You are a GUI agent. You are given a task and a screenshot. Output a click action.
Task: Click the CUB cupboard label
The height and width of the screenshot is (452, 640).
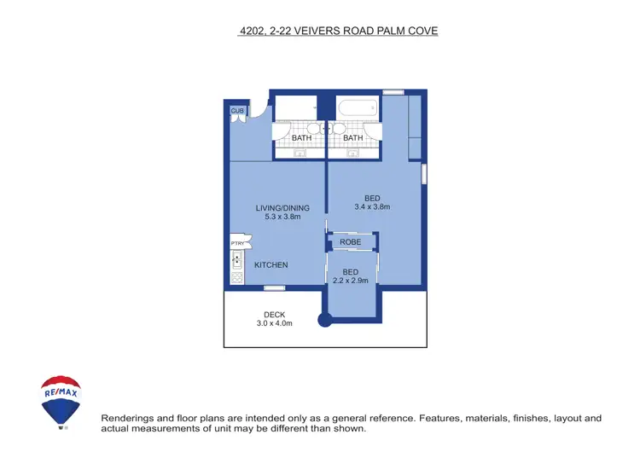point(237,111)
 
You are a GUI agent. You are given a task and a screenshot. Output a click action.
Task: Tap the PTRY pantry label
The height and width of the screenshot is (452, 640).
point(237,243)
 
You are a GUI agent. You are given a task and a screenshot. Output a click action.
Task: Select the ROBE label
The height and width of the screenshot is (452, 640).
point(350,243)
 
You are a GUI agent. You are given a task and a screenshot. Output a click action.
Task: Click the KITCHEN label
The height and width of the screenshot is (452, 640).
point(271,265)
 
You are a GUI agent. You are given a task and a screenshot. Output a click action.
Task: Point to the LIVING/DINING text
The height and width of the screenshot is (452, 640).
point(282,208)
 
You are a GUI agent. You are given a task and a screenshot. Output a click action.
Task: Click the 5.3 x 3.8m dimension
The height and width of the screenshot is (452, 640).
point(282,217)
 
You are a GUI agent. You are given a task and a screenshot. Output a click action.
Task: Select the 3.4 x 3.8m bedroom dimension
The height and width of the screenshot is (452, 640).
point(372,206)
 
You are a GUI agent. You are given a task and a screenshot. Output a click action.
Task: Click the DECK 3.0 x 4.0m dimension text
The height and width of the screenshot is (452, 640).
point(275,323)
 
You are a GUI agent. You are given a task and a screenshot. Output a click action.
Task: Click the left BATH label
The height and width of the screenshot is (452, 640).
point(301,138)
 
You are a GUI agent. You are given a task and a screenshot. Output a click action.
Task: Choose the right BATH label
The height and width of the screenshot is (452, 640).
point(352,138)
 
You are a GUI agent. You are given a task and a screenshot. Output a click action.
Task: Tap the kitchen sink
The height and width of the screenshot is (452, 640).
point(237,258)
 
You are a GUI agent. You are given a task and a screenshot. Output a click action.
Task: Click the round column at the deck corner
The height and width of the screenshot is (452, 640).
point(324,322)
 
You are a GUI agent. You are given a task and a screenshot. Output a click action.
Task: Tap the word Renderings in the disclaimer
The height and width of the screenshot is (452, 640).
point(129,418)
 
